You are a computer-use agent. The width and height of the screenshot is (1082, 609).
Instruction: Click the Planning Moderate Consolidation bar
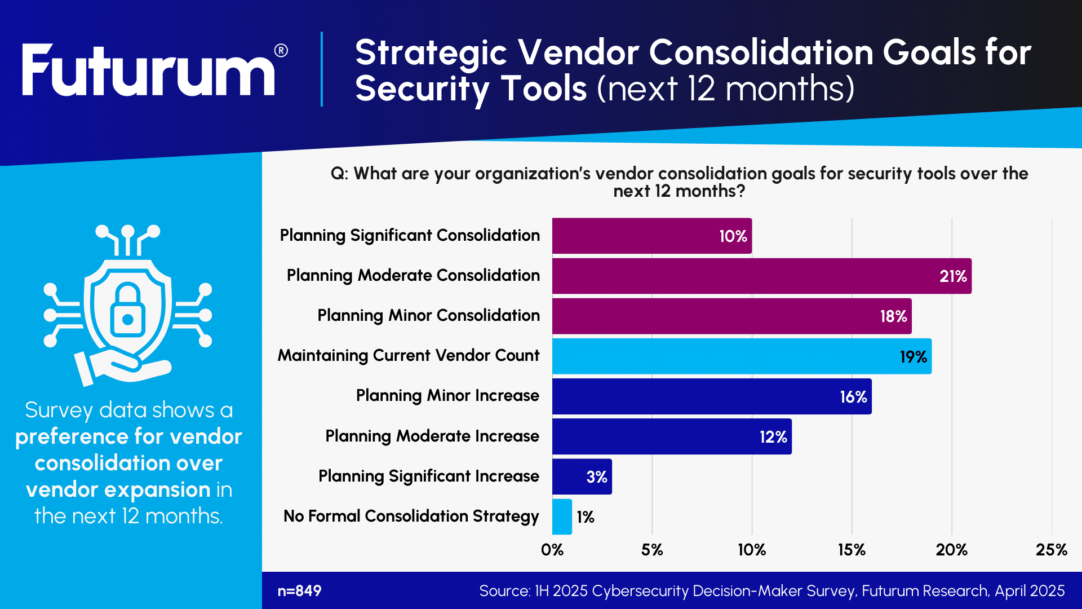761,276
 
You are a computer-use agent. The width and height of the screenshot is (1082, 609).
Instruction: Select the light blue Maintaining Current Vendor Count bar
741,356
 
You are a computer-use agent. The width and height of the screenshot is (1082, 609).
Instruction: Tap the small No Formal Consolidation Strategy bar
562,517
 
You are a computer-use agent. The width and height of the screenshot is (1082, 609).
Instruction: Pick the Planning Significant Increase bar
582,476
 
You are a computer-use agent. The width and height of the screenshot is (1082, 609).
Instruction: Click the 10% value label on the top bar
733,236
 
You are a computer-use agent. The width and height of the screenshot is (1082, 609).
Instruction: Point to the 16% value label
853,397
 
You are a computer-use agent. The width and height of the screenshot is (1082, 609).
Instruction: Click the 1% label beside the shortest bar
586,517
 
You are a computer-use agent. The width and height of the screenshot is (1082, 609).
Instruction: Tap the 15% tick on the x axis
852,550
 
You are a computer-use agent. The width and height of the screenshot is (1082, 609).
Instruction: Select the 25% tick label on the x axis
1051,550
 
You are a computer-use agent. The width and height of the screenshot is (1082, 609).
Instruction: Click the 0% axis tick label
552,550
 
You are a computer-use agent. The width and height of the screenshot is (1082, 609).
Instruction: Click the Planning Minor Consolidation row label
428,316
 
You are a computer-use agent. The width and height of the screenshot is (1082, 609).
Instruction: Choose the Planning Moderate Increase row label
432,436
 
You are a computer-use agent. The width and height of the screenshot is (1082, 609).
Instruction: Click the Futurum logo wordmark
148,72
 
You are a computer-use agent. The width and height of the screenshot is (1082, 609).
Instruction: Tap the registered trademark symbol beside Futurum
281,51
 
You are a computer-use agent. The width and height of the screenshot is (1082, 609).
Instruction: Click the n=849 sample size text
299,591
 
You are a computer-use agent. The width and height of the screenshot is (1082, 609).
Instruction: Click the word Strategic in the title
431,52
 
